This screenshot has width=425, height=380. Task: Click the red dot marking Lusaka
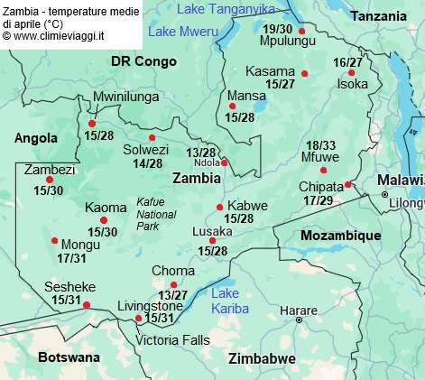(x=213, y=240)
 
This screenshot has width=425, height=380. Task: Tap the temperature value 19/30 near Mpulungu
(x=278, y=29)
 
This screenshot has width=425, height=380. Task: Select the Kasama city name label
(x=271, y=71)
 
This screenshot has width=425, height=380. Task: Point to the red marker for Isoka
(x=352, y=72)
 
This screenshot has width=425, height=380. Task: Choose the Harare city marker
(x=300, y=320)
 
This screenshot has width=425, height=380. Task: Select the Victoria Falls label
(x=172, y=340)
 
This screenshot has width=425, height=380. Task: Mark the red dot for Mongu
(x=55, y=240)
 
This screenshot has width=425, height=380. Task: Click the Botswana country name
(x=69, y=357)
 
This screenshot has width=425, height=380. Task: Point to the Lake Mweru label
(x=183, y=32)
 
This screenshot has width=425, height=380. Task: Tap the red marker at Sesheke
(x=87, y=305)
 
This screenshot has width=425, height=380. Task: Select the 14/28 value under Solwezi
(x=148, y=163)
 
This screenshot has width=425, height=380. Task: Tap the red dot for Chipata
(x=348, y=184)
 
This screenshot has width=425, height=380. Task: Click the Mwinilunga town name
(x=126, y=97)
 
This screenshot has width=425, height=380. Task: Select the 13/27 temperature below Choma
(x=173, y=295)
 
